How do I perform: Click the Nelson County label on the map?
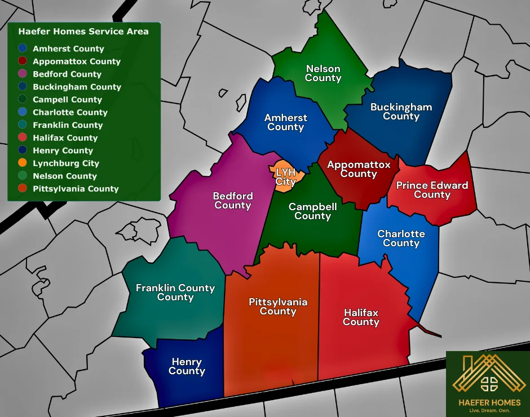(323, 73)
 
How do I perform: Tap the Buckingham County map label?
(401, 112)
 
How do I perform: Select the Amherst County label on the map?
(286, 122)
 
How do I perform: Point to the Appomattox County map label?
(359, 169)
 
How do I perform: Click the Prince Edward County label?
(432, 190)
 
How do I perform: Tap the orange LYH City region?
(286, 176)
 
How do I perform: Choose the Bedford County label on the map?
(233, 201)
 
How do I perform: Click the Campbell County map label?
(312, 211)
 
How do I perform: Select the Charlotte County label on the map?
(401, 238)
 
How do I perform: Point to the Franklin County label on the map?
(175, 292)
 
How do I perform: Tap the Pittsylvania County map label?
(278, 307)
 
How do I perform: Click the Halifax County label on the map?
(361, 317)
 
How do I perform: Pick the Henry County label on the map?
(187, 366)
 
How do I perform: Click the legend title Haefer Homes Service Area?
(83, 32)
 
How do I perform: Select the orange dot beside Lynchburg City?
(23, 163)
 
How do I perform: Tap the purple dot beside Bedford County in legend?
(23, 74)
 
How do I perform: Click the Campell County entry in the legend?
(67, 100)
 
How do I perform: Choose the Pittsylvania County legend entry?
(76, 189)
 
